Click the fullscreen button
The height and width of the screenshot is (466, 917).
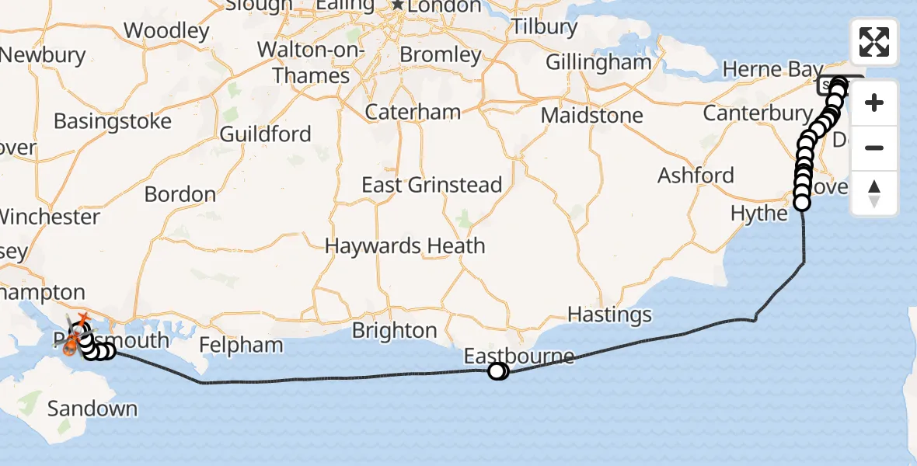click(x=874, y=42)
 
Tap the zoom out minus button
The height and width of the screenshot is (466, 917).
click(x=874, y=148)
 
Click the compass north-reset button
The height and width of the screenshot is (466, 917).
click(x=874, y=193)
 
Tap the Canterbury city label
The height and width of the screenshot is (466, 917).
click(x=757, y=113)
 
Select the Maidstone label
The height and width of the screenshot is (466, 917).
click(x=592, y=116)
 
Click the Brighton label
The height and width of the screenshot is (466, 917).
click(x=395, y=330)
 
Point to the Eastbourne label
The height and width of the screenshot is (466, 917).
click(x=519, y=356)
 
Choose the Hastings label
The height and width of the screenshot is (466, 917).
click(x=610, y=315)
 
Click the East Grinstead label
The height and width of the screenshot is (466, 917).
click(x=432, y=185)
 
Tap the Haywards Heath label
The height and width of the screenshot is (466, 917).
click(x=405, y=246)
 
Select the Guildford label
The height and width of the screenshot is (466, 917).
click(x=265, y=134)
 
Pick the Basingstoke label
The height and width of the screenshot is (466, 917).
click(x=113, y=122)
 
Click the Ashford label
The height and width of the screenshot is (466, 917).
click(x=696, y=176)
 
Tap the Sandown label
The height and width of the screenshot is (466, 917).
click(x=92, y=409)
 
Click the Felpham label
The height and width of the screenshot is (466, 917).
click(x=242, y=344)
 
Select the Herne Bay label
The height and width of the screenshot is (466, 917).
click(x=772, y=70)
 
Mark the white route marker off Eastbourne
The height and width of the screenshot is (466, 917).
click(x=497, y=372)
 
